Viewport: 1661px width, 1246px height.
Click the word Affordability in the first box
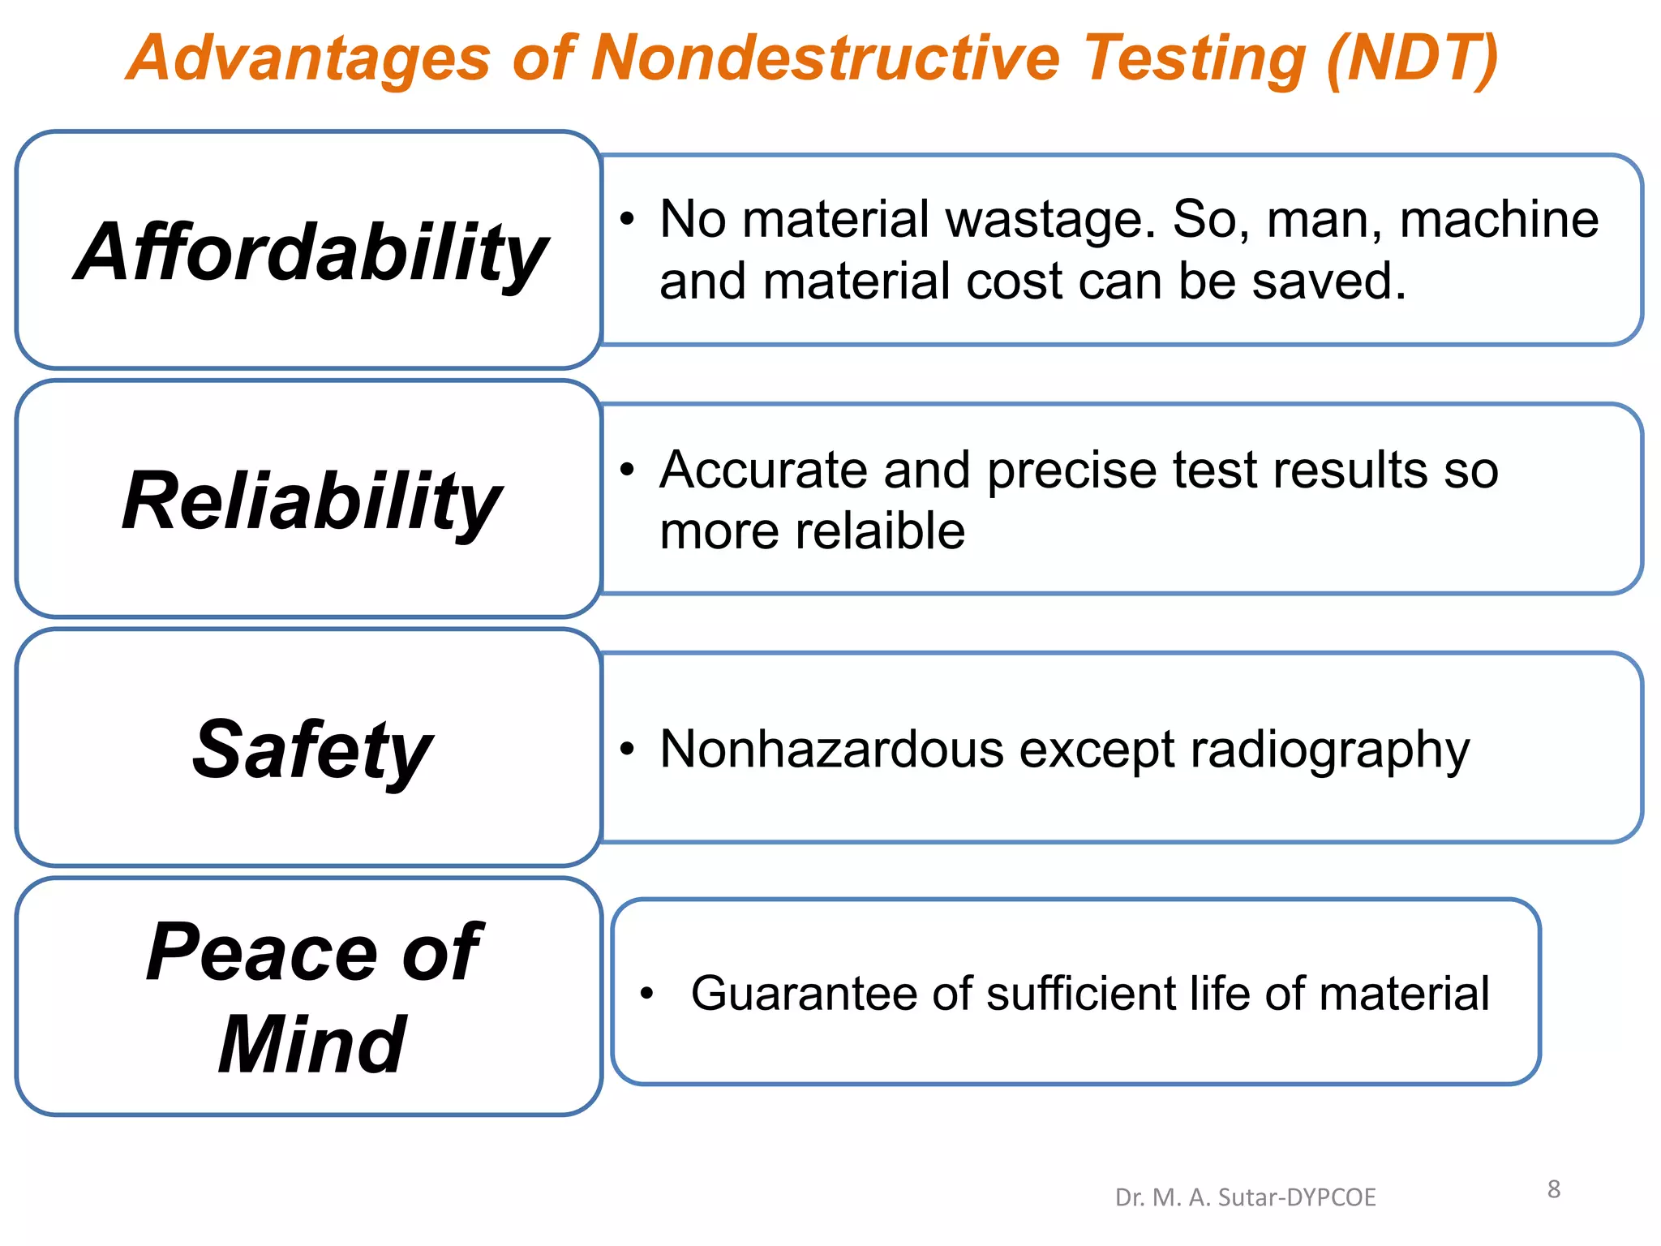click(x=311, y=253)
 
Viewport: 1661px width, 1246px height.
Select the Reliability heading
click(x=311, y=501)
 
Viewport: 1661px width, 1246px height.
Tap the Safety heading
click(x=311, y=750)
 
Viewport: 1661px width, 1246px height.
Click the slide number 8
click(x=1553, y=1189)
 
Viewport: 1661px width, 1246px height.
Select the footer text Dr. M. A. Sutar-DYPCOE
click(x=1245, y=1197)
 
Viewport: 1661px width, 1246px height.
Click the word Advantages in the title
click(x=309, y=58)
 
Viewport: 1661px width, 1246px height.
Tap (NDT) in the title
click(x=1412, y=58)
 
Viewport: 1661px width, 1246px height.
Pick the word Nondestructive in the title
click(x=825, y=58)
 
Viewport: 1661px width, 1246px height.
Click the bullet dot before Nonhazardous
click(x=626, y=749)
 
